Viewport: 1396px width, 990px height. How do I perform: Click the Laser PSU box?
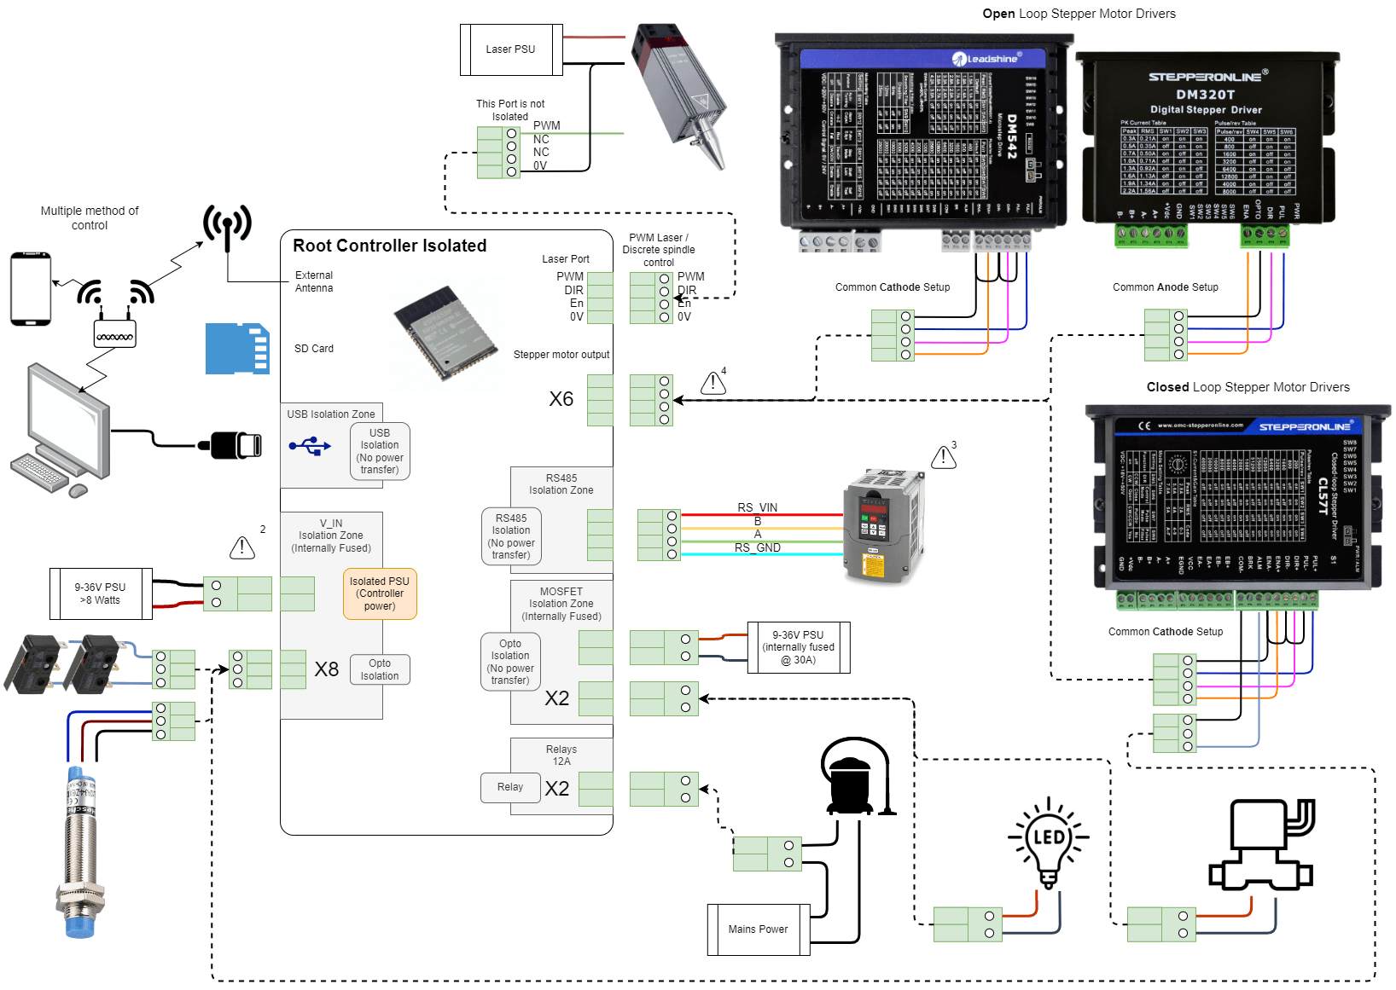[510, 49]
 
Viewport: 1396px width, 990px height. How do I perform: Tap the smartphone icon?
[31, 289]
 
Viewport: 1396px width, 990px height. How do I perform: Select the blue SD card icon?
[237, 348]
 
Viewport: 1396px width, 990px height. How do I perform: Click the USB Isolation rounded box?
[380, 451]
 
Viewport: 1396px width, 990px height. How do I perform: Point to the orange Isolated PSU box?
[380, 593]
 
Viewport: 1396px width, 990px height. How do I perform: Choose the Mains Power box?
[758, 929]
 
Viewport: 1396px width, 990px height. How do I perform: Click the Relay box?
[510, 787]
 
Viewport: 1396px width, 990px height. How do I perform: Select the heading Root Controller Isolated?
[390, 246]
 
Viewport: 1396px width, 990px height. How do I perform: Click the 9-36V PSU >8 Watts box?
[101, 593]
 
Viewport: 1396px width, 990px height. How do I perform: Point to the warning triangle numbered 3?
[943, 457]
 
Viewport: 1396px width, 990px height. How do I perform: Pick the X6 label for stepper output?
[561, 399]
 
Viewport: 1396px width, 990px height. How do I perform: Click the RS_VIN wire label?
[757, 507]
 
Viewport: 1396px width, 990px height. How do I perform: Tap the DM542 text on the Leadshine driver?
[1012, 136]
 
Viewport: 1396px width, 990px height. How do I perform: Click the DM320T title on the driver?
[1205, 95]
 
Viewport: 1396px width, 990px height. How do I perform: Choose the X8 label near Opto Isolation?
[327, 669]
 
